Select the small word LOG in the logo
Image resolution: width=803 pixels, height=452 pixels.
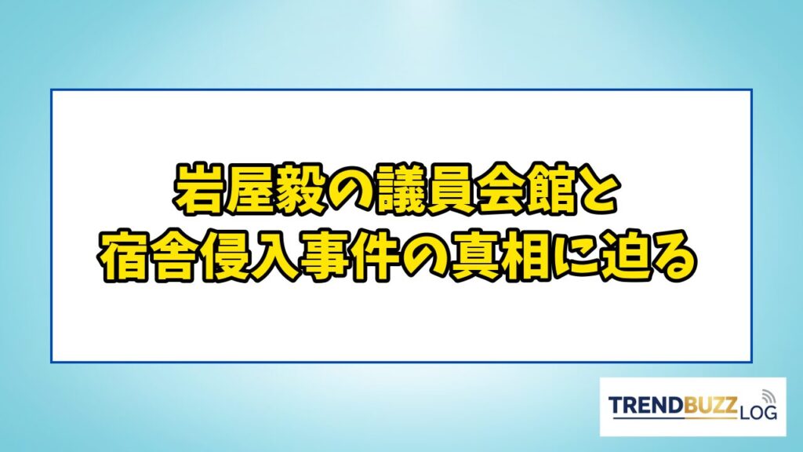click(x=758, y=412)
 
